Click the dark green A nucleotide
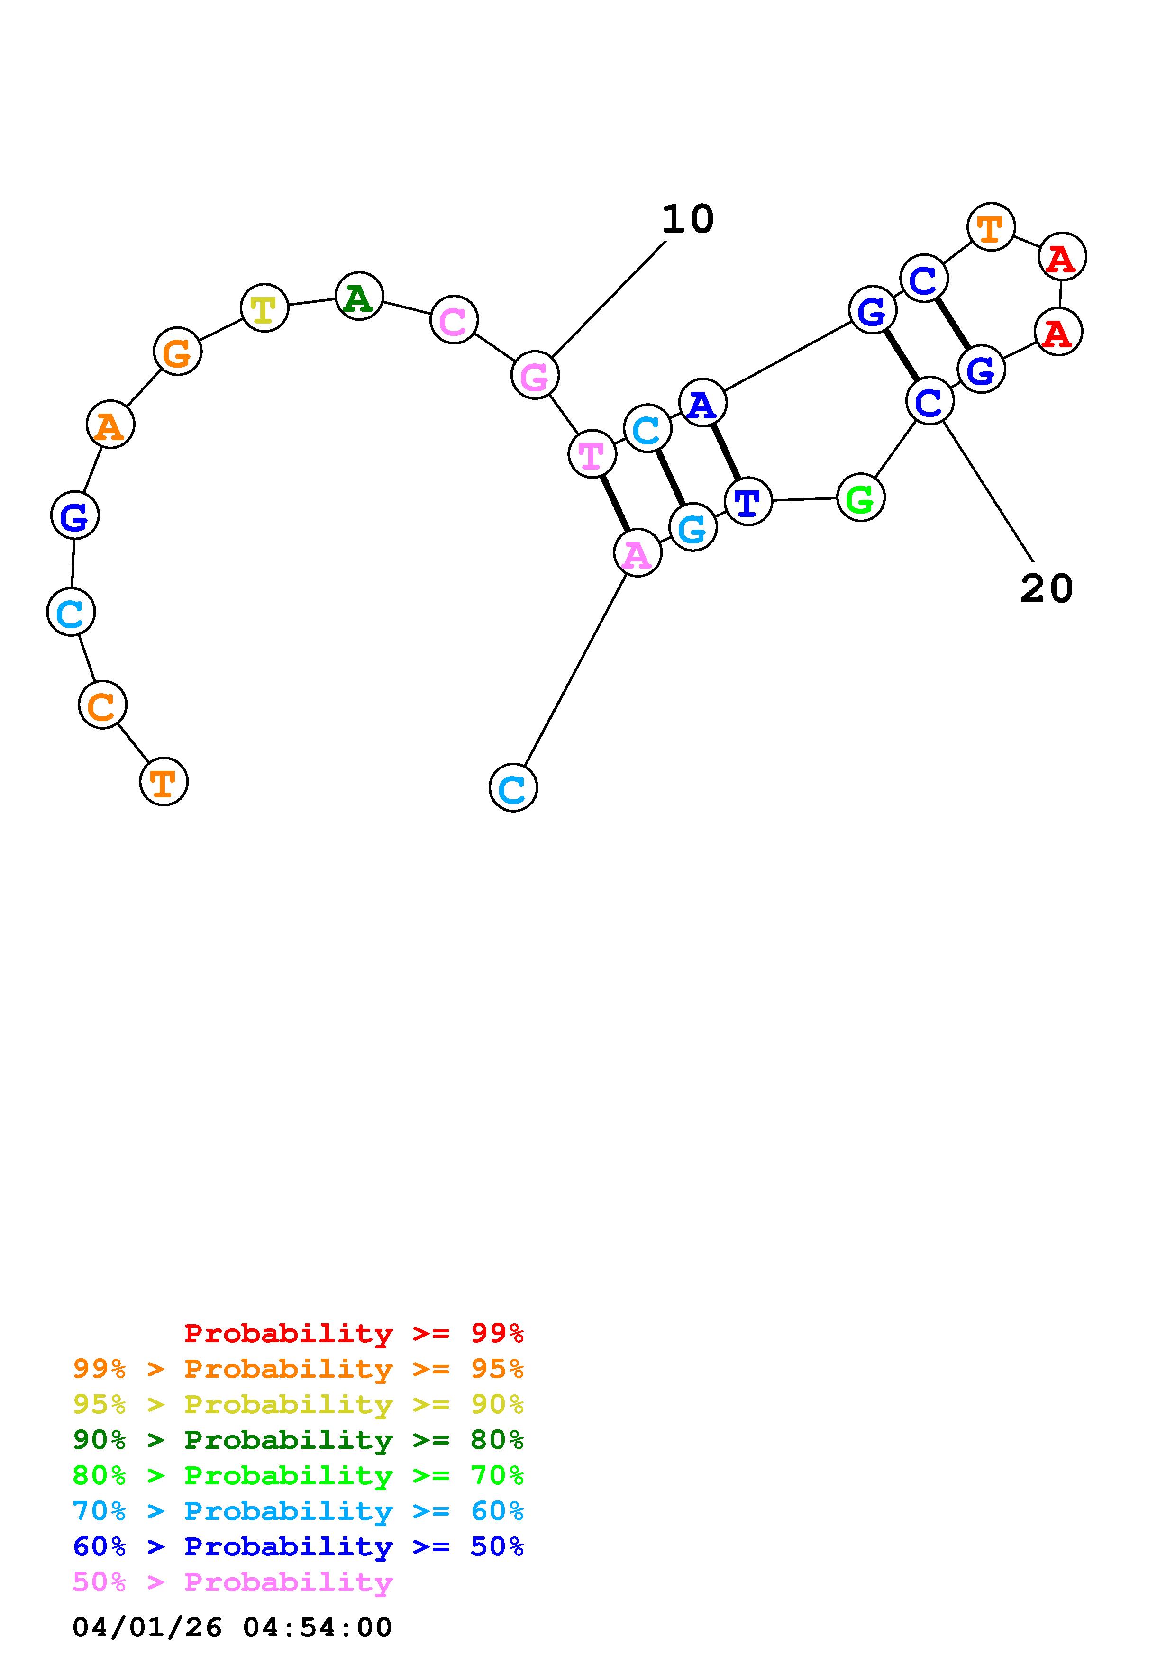coord(359,296)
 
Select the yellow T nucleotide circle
coord(264,307)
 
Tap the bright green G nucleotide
coord(860,497)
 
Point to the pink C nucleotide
coord(454,319)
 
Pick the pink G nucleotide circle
coord(535,375)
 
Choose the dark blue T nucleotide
coord(748,500)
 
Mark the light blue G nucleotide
coord(693,528)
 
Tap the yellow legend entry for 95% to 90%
coord(298,1404)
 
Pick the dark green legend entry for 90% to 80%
coord(298,1440)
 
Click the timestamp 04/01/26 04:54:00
coord(232,1627)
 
